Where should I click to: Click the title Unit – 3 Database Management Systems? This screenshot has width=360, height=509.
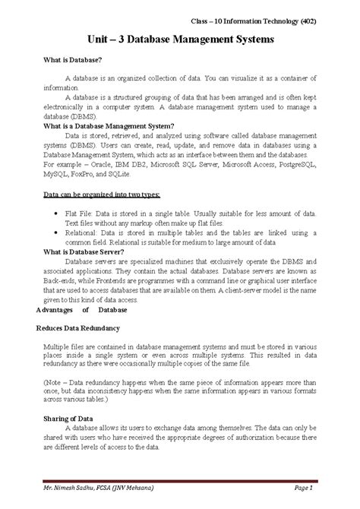point(180,37)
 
